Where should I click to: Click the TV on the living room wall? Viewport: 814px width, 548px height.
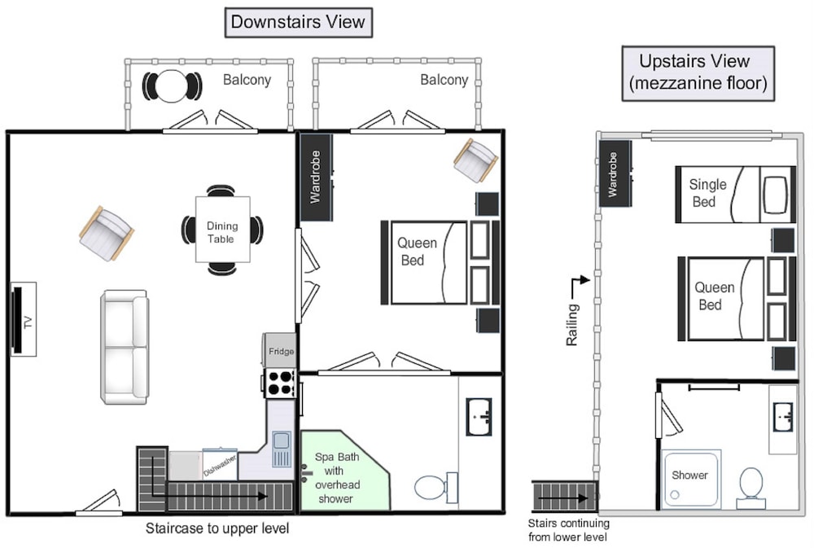click(x=18, y=319)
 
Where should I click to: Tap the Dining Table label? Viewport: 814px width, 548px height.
click(x=222, y=232)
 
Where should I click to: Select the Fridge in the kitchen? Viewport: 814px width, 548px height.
click(x=280, y=350)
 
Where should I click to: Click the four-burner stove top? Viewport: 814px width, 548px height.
click(x=280, y=383)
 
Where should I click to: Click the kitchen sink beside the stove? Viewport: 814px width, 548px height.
click(x=282, y=449)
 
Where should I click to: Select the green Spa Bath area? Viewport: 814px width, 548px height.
click(x=343, y=470)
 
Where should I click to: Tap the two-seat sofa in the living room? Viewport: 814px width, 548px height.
click(x=125, y=347)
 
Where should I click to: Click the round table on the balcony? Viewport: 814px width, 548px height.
click(x=172, y=85)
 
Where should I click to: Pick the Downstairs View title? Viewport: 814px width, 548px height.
click(x=298, y=22)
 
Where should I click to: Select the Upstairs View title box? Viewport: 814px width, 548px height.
click(x=698, y=72)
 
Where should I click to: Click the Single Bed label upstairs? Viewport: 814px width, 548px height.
click(x=707, y=193)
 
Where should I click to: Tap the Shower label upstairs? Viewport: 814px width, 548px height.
click(x=689, y=475)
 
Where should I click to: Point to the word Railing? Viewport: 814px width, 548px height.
click(x=571, y=325)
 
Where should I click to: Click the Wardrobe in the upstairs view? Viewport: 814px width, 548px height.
click(x=615, y=174)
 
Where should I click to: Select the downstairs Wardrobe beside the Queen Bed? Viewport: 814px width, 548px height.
click(x=316, y=177)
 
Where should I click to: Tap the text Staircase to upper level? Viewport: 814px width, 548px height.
click(x=217, y=528)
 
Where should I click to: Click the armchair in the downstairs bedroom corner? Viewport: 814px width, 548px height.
click(x=476, y=160)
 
